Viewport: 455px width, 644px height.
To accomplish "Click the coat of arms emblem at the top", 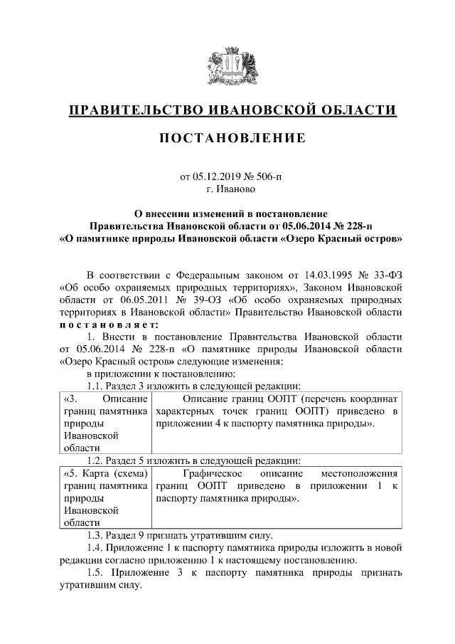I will tap(227, 68).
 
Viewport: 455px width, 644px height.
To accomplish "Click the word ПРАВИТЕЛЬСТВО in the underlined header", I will tap(131, 110).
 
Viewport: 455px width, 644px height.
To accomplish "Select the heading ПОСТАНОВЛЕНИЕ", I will tap(227, 137).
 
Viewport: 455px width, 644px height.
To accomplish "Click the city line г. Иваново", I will tap(227, 189).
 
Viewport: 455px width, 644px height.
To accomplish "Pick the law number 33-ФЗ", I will tap(388, 275).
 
